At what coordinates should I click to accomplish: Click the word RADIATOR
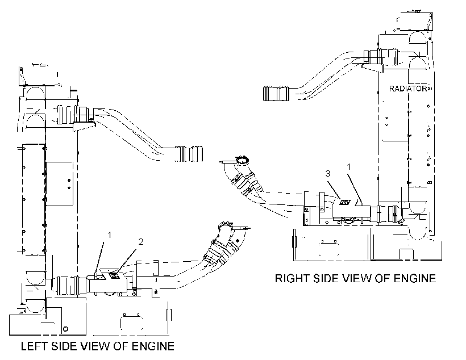[409, 89]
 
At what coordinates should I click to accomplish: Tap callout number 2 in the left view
[140, 242]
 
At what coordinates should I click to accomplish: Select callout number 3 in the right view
[328, 173]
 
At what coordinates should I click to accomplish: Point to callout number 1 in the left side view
[109, 235]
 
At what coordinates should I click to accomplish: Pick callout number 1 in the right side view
[349, 167]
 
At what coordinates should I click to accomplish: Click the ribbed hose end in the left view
[189, 153]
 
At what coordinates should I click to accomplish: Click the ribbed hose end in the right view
[276, 93]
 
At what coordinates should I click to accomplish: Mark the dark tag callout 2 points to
[113, 275]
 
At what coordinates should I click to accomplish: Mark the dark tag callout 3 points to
[345, 202]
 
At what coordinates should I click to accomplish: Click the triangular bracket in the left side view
[84, 126]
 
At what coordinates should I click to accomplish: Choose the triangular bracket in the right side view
[373, 68]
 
